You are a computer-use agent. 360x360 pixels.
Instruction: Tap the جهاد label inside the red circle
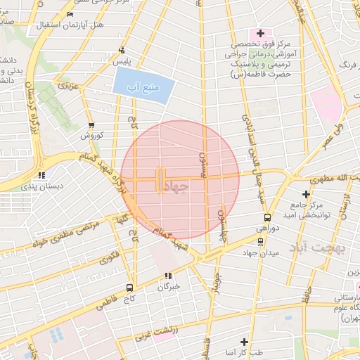(x=180, y=186)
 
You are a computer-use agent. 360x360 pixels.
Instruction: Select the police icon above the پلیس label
(x=122, y=50)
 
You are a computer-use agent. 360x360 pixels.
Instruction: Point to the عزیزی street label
(x=67, y=86)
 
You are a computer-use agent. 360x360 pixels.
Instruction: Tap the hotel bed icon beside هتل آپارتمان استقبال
(x=69, y=14)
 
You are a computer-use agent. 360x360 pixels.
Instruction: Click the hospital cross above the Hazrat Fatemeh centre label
(x=259, y=32)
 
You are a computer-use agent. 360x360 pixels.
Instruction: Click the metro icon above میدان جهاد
(x=261, y=240)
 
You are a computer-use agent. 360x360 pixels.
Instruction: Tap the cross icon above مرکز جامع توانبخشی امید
(x=305, y=193)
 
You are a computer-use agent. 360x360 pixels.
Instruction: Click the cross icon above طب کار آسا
(x=244, y=340)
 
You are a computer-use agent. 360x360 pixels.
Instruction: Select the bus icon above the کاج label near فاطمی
(x=129, y=287)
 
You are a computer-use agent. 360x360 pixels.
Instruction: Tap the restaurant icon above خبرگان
(x=168, y=275)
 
